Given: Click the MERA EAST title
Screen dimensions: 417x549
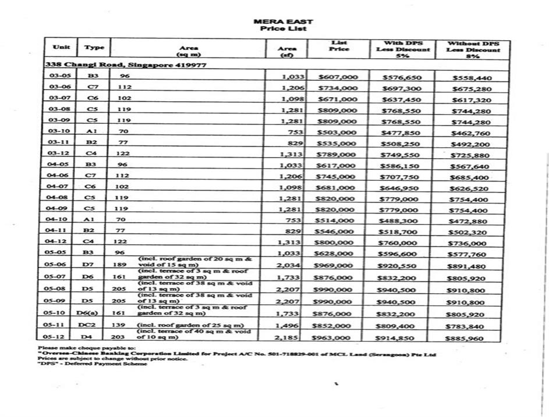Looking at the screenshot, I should coord(283,22).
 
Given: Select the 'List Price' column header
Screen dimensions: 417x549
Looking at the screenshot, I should coord(339,46).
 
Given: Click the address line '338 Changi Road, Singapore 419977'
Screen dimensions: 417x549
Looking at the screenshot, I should coord(126,65).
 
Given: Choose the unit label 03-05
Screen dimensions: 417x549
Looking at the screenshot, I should coord(61,76).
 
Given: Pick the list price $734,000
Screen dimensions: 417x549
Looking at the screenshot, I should coord(338,88).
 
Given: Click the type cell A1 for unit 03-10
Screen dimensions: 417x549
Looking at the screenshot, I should coord(91,131).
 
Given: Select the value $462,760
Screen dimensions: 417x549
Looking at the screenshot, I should coord(472,133).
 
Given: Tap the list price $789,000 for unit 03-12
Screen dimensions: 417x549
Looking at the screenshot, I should coord(338,154).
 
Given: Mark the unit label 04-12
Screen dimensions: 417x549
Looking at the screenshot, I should coord(61,241).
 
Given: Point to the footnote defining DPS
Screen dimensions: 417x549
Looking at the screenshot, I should coord(93,364).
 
